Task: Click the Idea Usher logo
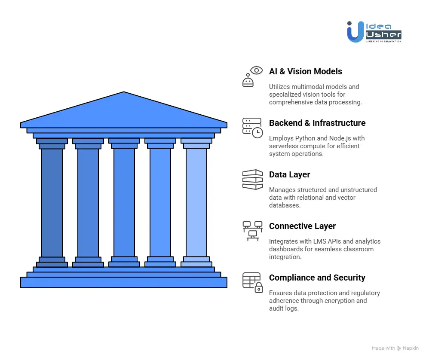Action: [x=374, y=31]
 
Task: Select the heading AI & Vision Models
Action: [x=305, y=71]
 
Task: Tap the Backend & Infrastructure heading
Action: [x=317, y=123]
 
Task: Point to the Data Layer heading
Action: [x=289, y=174]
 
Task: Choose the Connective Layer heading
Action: [x=302, y=226]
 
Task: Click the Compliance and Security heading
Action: [x=317, y=278]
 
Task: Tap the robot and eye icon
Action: [x=252, y=76]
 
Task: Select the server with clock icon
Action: [x=252, y=128]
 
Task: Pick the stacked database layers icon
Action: [x=252, y=179]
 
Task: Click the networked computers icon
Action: [x=252, y=231]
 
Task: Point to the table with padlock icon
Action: [x=252, y=282]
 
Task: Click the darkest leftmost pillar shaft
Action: [x=52, y=202]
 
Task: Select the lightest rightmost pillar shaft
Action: [x=196, y=202]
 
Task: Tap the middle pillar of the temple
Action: [x=124, y=202]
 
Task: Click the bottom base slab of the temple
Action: [x=124, y=282]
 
